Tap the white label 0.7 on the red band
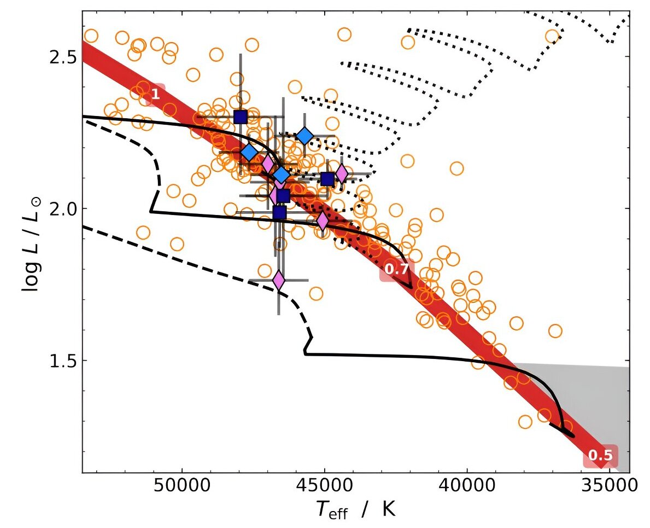396,269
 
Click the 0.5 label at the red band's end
600,455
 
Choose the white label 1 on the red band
155,94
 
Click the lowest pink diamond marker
279,280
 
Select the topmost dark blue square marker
241,117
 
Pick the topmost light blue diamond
304,136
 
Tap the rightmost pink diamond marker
342,173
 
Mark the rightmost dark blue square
327,179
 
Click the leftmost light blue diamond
249,153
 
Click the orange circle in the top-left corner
91,36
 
